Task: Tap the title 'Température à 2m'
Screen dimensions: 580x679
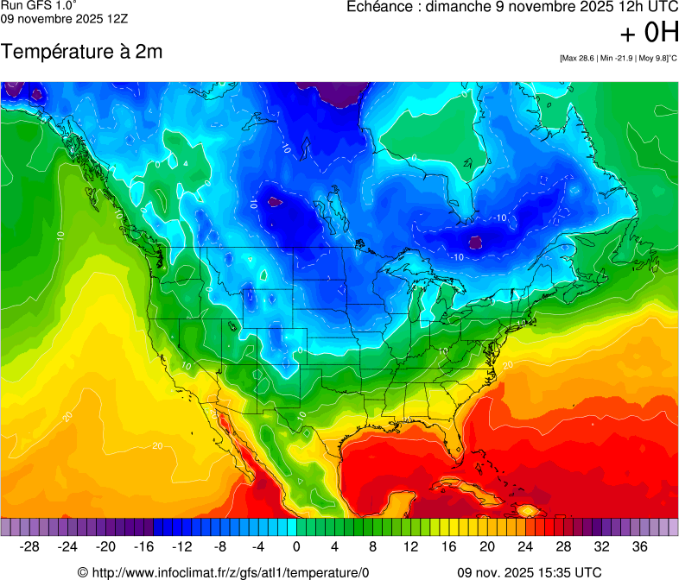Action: [81, 52]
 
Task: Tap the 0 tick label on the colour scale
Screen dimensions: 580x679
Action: [296, 546]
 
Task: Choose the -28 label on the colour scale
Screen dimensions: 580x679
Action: [30, 546]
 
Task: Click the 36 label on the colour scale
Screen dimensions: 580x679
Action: [639, 546]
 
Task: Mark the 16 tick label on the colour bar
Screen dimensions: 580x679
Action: [449, 546]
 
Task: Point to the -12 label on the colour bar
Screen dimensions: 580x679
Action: [182, 546]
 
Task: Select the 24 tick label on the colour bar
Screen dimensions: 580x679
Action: [525, 546]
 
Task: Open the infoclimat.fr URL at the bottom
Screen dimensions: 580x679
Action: [223, 571]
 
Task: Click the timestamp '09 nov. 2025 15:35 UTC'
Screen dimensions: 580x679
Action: [529, 571]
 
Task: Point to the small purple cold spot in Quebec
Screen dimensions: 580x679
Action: [475, 243]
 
